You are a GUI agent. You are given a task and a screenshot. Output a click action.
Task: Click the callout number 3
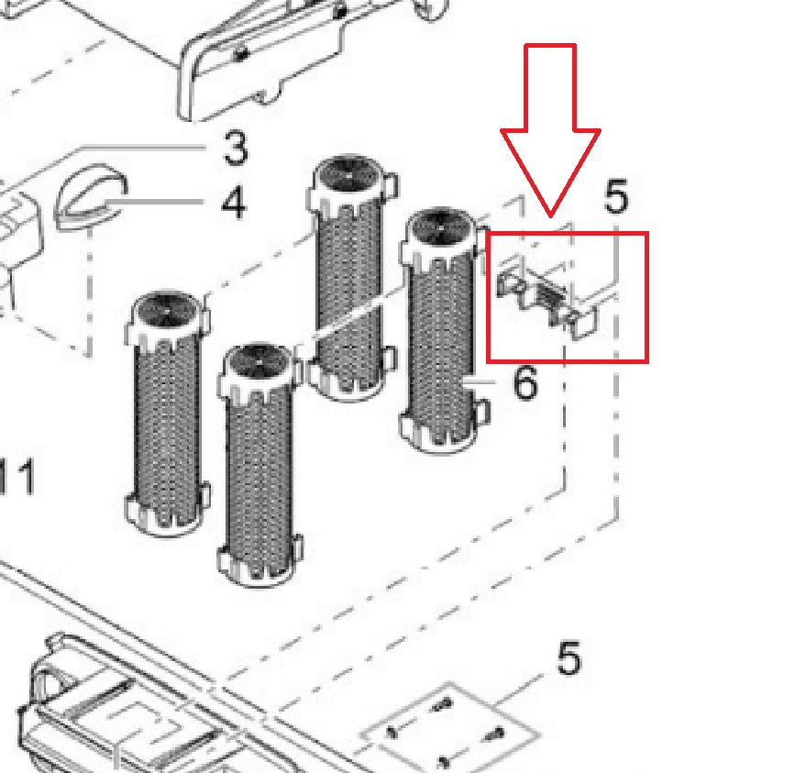tap(236, 148)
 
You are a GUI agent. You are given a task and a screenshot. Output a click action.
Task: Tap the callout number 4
tap(234, 202)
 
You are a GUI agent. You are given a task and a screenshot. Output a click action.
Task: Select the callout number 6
tap(525, 382)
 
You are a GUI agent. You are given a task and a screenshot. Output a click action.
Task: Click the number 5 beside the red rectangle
tap(616, 196)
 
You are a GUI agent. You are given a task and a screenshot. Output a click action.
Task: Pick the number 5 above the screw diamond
tap(569, 657)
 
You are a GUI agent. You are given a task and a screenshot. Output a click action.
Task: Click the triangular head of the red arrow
tap(550, 172)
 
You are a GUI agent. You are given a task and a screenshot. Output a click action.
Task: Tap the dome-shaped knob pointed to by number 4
tap(91, 197)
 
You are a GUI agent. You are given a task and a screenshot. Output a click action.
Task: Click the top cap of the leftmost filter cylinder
tap(167, 318)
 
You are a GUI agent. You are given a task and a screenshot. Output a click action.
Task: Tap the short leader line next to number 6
tap(478, 382)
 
